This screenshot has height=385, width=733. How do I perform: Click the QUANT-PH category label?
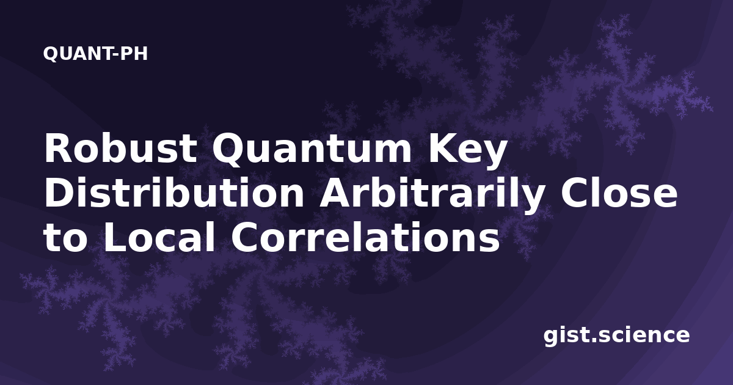(95, 54)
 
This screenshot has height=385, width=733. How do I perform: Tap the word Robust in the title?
(121, 148)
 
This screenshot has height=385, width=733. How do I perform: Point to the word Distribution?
(174, 193)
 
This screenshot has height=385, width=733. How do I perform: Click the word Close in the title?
(618, 193)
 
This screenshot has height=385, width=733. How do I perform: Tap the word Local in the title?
(159, 237)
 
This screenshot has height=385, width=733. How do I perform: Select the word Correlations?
(365, 237)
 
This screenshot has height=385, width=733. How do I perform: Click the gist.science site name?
(616, 336)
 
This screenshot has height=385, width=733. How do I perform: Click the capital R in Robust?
(58, 148)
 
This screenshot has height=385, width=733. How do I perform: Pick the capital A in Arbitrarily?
(335, 193)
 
